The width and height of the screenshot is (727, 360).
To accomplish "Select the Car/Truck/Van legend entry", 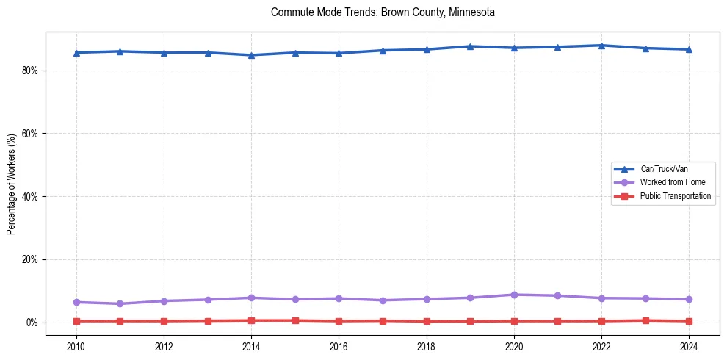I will [x=664, y=169].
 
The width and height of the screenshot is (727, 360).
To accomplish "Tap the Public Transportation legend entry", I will [x=676, y=196].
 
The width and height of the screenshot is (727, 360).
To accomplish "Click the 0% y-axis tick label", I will [x=32, y=323].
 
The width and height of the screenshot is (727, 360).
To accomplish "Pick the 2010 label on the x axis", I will [x=76, y=346].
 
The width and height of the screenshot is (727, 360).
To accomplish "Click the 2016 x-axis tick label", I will [x=339, y=346].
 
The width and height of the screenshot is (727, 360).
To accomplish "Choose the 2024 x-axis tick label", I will [x=689, y=346].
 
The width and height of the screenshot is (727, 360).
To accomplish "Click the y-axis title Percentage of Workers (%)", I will [x=12, y=184].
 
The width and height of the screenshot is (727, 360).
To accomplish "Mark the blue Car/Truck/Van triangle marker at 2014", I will [x=251, y=55].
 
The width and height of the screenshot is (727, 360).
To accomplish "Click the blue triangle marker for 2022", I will [x=601, y=46].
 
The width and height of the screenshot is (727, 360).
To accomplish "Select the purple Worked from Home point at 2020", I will [x=514, y=295].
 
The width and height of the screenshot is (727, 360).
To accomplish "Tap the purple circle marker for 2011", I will [x=120, y=303].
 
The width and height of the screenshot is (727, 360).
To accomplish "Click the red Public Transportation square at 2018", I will [x=427, y=321].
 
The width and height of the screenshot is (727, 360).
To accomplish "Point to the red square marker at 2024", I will [x=689, y=321].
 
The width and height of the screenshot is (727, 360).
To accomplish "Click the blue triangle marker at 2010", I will [x=76, y=53].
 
